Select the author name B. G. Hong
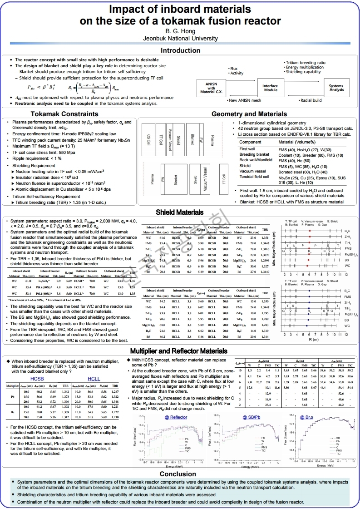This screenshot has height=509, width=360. click(x=180, y=31)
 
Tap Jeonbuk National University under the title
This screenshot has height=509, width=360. click(x=180, y=39)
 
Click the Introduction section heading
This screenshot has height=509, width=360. click(x=180, y=50)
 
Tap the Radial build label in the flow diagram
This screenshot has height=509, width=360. click(x=310, y=100)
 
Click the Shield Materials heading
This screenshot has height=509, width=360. click(x=180, y=212)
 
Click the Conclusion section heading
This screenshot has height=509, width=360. click(x=180, y=474)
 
